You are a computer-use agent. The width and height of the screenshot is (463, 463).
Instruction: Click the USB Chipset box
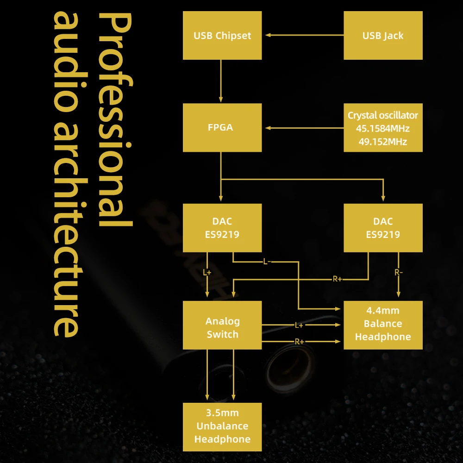[x=222, y=36]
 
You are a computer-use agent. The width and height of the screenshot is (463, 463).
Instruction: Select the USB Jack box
[x=383, y=36]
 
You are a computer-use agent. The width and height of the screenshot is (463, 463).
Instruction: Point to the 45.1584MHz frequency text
[x=383, y=128]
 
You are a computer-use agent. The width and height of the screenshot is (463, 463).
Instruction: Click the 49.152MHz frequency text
[x=383, y=141]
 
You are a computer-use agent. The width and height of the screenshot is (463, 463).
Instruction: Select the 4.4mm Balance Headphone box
[x=383, y=324]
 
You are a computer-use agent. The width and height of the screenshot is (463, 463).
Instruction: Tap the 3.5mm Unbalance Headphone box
[x=222, y=426]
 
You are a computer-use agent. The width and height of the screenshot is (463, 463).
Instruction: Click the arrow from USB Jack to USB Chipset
[x=303, y=35]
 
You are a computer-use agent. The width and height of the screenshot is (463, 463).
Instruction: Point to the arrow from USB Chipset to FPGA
[x=221, y=81]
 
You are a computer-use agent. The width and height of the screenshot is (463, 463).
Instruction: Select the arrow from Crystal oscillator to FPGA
[x=303, y=128]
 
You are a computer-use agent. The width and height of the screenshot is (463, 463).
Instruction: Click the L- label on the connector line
[x=266, y=262]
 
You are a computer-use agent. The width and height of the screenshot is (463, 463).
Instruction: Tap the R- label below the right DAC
[x=399, y=273]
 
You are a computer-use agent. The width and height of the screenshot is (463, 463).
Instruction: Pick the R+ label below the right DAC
[x=337, y=279]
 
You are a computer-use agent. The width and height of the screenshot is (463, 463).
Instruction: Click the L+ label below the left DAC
[x=207, y=273]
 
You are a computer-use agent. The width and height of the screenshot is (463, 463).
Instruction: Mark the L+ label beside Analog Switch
[x=299, y=325]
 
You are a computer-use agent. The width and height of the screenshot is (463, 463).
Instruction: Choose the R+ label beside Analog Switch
[x=300, y=341]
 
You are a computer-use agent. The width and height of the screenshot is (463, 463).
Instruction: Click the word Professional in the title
[x=116, y=120]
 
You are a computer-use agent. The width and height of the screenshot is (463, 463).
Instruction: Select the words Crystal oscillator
[x=383, y=115]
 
